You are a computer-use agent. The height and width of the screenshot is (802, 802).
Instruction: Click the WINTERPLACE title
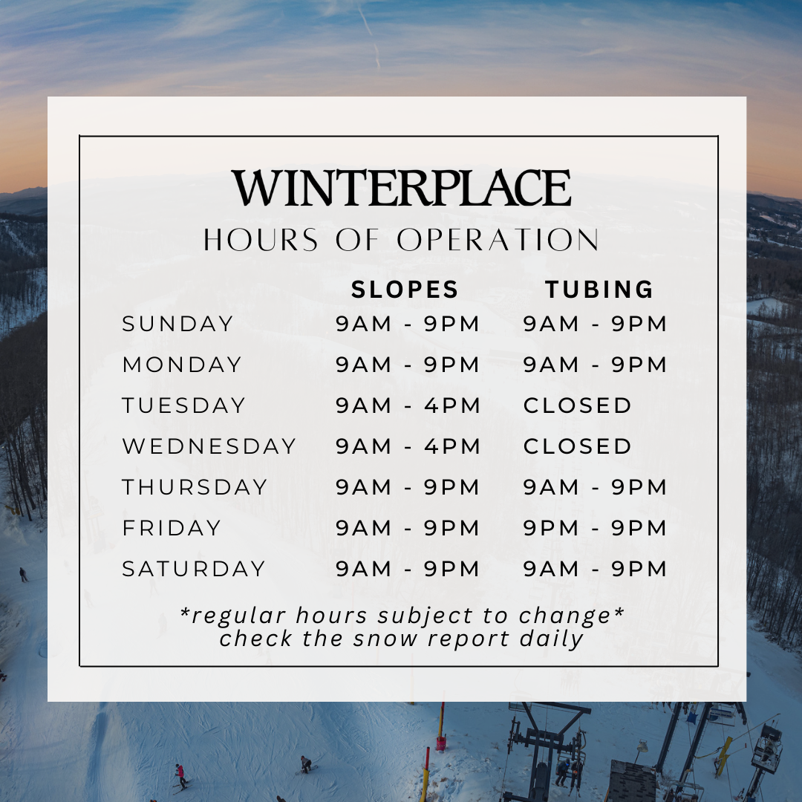[x=401, y=187]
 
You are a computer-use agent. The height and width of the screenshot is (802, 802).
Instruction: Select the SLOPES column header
[x=405, y=290]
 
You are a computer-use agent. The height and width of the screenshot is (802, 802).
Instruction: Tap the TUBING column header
[x=599, y=290]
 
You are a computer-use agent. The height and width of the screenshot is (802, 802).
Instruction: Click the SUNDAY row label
[x=177, y=324]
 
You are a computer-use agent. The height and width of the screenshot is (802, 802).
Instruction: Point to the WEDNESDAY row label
[x=209, y=446]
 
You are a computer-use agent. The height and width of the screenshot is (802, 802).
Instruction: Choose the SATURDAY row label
[x=194, y=569]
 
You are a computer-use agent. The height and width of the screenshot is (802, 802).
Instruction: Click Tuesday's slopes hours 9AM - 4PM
[x=408, y=405]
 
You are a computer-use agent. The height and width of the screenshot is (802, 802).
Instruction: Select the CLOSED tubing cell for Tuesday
[x=578, y=405]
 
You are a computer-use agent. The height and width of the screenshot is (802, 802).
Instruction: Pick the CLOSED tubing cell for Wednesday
[x=578, y=446]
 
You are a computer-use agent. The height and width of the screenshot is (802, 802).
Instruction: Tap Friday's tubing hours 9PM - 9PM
[x=595, y=528]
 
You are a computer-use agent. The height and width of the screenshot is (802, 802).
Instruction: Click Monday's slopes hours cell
[x=408, y=365]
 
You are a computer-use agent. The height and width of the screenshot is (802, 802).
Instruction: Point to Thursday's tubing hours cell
[x=595, y=487]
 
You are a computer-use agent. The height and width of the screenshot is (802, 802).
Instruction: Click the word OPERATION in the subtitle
[x=498, y=240]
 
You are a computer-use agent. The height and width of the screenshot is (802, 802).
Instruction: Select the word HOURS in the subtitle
[x=261, y=240]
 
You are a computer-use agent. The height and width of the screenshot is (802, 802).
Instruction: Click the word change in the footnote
[x=565, y=616]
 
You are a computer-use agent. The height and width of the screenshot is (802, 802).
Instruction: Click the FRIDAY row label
[x=172, y=528]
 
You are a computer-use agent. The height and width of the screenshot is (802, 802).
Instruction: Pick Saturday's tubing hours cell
[x=595, y=569]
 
